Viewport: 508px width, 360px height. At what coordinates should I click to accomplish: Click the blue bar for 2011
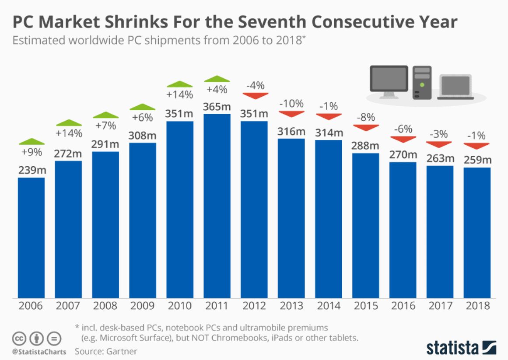point(217,206)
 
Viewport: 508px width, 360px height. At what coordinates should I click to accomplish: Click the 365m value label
point(217,106)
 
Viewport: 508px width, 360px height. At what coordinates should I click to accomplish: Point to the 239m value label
point(31,170)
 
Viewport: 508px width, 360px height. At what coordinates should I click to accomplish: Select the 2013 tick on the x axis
point(291,305)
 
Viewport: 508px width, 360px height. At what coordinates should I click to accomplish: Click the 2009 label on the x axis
point(143,305)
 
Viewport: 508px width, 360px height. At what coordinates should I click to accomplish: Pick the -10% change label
point(291,104)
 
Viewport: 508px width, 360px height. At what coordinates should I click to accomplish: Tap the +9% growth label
point(31,153)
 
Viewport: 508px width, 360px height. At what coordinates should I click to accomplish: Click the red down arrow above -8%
point(366,128)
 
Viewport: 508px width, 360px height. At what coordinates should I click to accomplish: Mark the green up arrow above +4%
point(217,79)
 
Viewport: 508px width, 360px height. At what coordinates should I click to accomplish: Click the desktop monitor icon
point(389,81)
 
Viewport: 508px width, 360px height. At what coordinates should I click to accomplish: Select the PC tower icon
point(422,82)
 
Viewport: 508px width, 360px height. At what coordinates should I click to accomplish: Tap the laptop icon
point(455,87)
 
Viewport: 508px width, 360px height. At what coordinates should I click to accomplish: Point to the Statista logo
point(461,348)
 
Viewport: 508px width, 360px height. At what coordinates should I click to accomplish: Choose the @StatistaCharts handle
point(39,352)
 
